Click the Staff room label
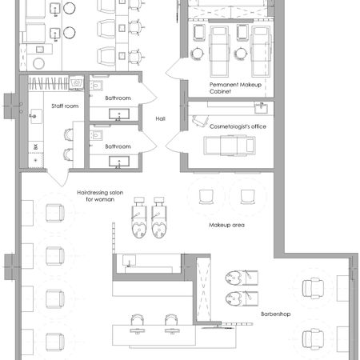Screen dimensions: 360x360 pos(65,106)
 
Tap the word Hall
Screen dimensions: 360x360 pos(160,118)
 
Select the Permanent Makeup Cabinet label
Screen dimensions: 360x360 pos(235,88)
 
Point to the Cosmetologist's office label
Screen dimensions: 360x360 pos(238,126)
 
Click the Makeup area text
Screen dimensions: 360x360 pos(226,225)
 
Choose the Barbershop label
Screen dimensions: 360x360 pos(275,314)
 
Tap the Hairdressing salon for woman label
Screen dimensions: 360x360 pos(100,196)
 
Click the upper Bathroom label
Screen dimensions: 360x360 pos(118,98)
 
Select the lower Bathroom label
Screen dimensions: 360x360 pos(118,146)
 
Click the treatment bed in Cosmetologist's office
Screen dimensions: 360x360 pos(230,146)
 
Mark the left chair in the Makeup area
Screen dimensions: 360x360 pos(206,197)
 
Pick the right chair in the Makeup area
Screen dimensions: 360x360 pos(247,197)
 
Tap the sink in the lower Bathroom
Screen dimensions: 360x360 pos(119,162)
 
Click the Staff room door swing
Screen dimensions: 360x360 pos(58,178)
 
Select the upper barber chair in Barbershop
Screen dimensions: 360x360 pos(313,288)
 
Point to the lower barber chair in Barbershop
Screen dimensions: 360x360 pos(313,339)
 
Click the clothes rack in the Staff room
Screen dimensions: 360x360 pos(48,83)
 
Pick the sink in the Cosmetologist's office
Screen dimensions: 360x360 pos(261,108)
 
